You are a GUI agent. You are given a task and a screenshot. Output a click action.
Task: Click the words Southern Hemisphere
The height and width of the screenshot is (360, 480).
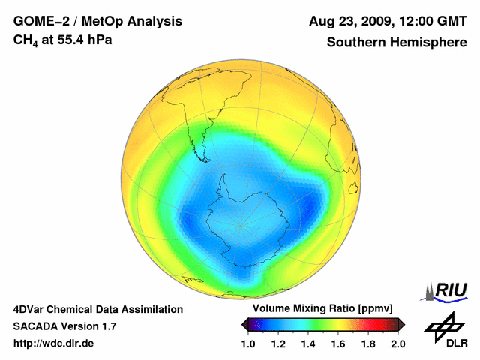click(x=397, y=42)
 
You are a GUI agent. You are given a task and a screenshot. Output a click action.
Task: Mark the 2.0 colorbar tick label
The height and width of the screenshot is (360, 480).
click(x=398, y=343)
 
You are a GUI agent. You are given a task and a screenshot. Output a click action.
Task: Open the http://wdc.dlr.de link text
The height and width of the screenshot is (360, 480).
click(x=54, y=343)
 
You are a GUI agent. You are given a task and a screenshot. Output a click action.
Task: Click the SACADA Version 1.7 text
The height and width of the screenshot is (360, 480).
click(x=64, y=326)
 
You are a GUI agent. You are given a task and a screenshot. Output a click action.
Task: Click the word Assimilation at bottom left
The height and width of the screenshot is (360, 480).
click(x=149, y=309)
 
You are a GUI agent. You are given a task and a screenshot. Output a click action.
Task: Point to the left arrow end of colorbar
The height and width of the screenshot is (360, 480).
click(x=245, y=324)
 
